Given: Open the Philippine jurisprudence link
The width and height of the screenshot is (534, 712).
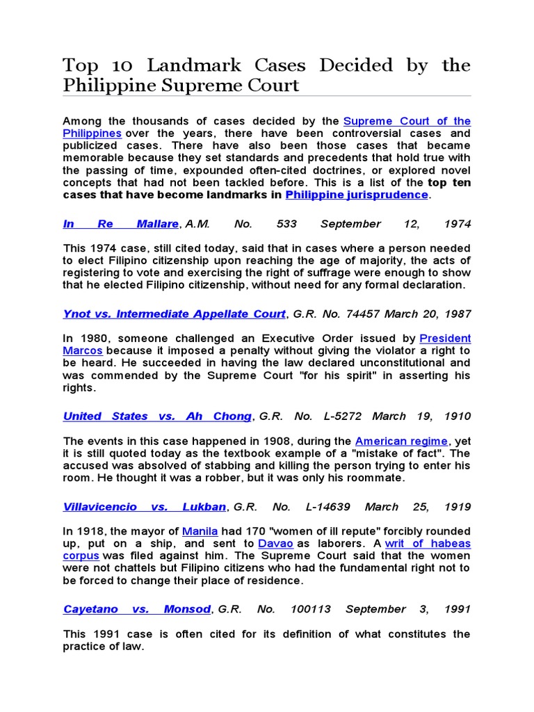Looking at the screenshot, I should click(x=357, y=195).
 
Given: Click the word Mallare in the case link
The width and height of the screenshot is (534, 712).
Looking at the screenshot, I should click(x=157, y=224).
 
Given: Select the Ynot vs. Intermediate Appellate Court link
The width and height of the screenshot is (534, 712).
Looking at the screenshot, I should click(x=174, y=314).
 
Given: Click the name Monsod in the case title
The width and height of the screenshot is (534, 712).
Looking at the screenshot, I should click(x=187, y=609).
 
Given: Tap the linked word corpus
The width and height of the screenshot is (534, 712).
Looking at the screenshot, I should click(x=81, y=556).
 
